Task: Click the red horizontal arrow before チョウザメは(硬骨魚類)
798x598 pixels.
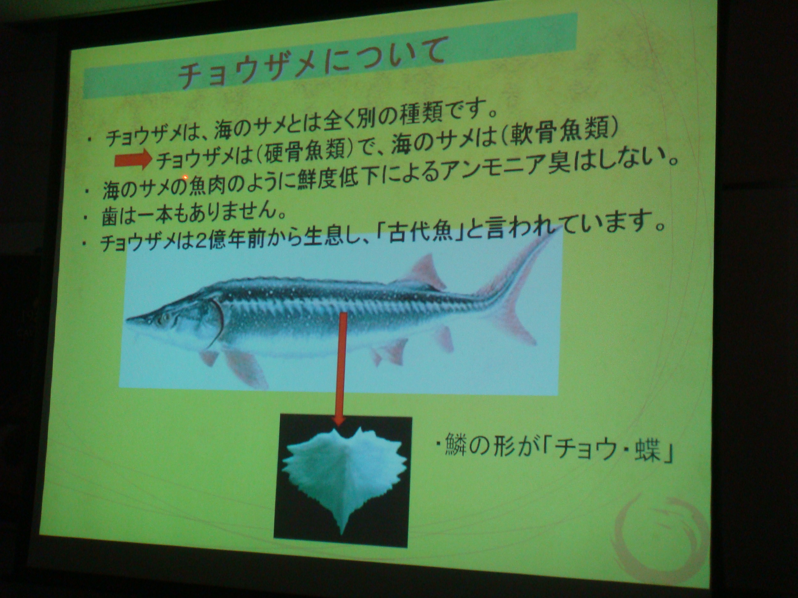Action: point(133,161)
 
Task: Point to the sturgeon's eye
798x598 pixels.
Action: point(166,317)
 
